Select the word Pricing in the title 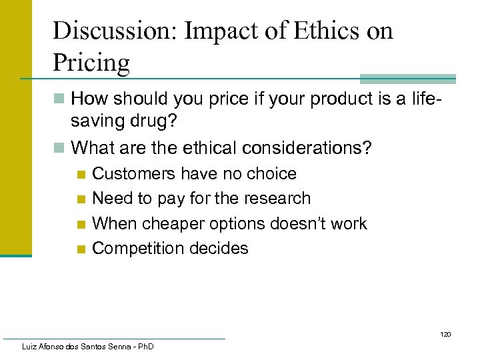(x=91, y=63)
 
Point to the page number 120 (x=445, y=334)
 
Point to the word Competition (x=138, y=249)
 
